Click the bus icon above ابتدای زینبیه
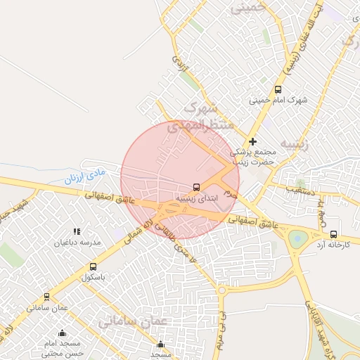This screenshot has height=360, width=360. pyautogui.click(x=196, y=188)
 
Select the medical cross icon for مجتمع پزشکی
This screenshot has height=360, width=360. pyautogui.click(x=253, y=141)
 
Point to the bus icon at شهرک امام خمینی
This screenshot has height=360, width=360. pyautogui.click(x=278, y=89)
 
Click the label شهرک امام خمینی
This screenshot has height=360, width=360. pyautogui.click(x=278, y=100)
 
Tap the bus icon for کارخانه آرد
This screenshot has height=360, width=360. pyautogui.click(x=333, y=234)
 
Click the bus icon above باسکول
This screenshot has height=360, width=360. pyautogui.click(x=93, y=266)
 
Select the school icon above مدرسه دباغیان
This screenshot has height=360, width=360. pyautogui.click(x=77, y=231)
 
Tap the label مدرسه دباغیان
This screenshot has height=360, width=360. pyautogui.click(x=79, y=242)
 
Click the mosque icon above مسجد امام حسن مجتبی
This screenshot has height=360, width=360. pyautogui.click(x=62, y=333)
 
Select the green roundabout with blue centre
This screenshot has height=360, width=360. pyautogui.click(x=298, y=238)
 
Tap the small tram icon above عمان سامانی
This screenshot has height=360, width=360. pyautogui.click(x=47, y=297)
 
